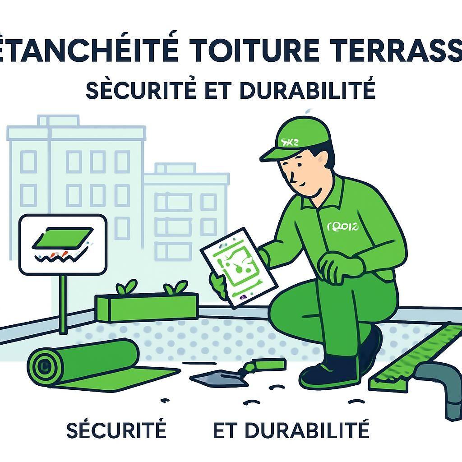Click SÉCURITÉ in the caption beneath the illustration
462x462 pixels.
coord(116,430)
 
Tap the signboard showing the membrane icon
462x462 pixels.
coord(63,244)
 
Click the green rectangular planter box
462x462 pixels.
coord(147,307)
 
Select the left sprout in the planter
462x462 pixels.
coord(126,287)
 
